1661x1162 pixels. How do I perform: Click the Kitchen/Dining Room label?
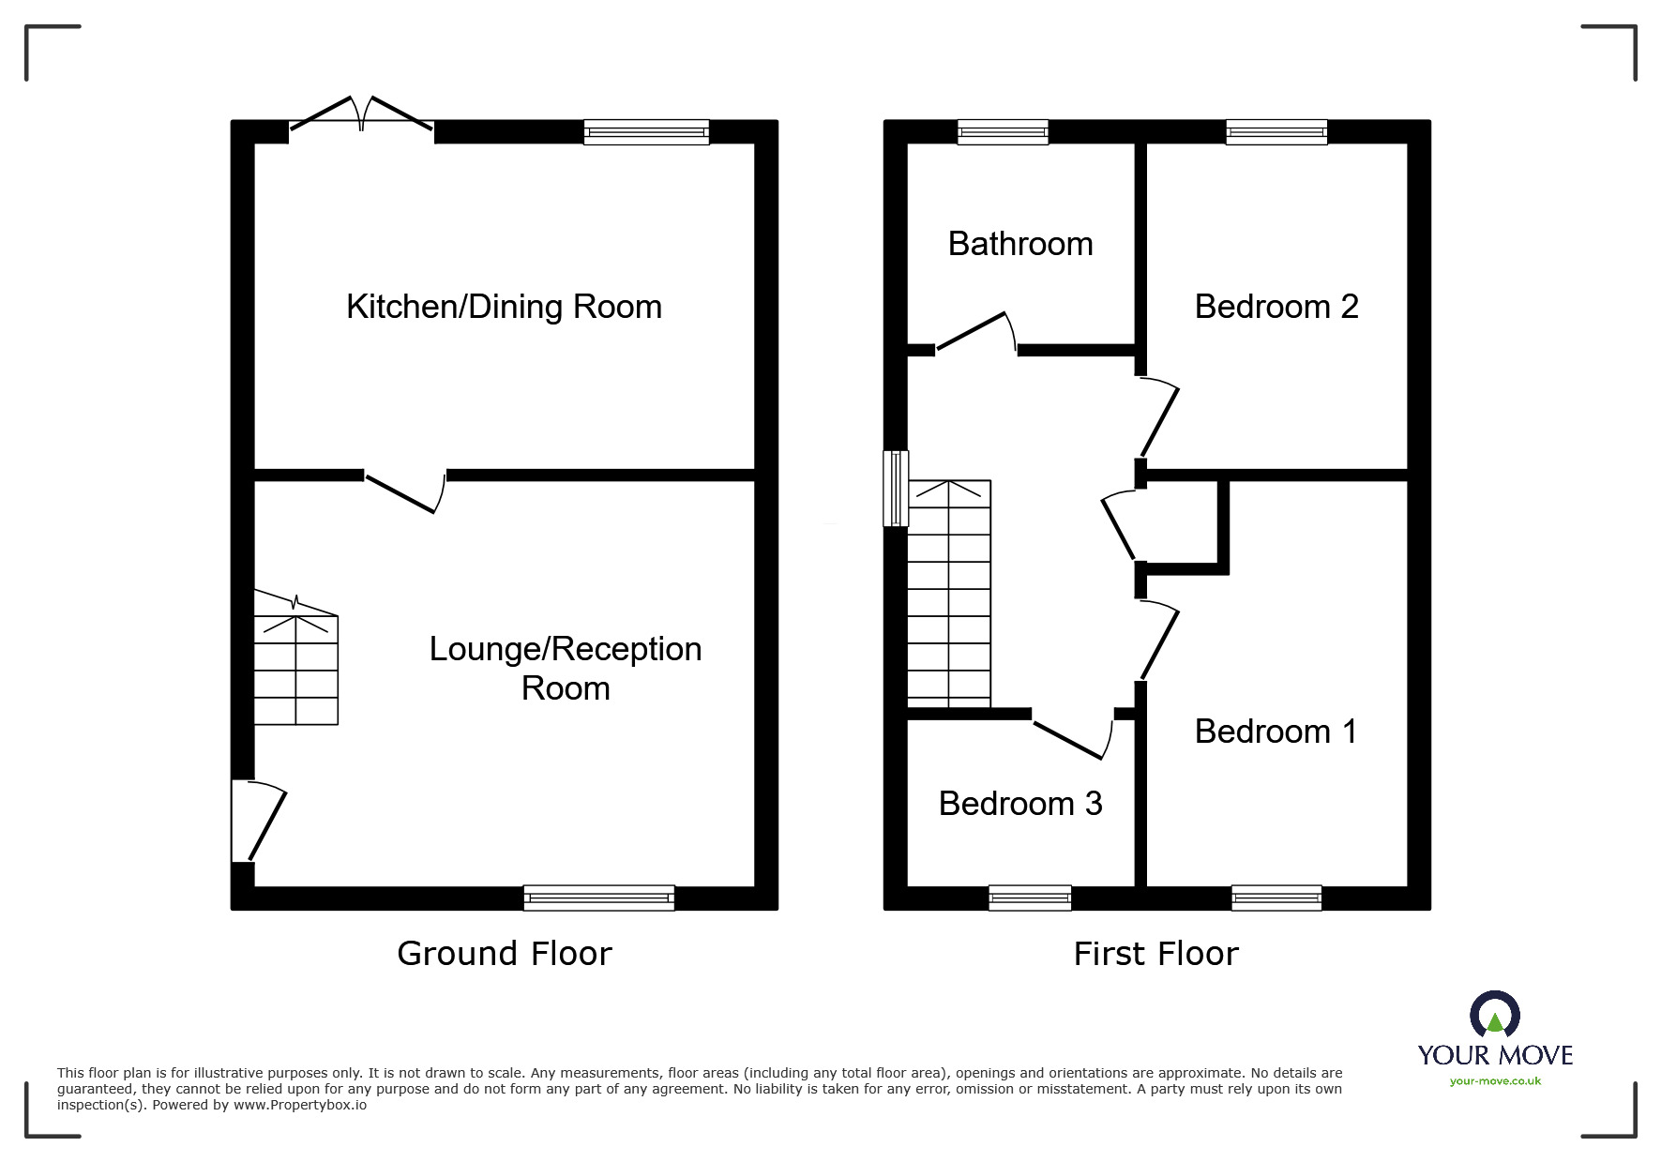504,307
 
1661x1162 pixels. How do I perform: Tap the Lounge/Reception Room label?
566,668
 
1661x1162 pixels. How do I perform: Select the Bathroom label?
1020,244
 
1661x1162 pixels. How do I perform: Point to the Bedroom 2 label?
1276,307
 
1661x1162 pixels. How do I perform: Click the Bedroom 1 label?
1276,732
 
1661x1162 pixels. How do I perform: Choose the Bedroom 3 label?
1020,804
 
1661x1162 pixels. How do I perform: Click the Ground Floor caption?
504,954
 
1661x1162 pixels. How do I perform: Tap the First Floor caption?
1155,954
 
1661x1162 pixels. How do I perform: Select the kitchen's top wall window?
646,132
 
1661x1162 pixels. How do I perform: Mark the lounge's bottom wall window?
598,898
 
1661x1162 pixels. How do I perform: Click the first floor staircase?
949,595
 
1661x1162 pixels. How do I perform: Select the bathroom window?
1003,132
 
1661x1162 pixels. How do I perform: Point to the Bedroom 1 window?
1276,898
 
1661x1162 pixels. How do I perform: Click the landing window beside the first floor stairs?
897,489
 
